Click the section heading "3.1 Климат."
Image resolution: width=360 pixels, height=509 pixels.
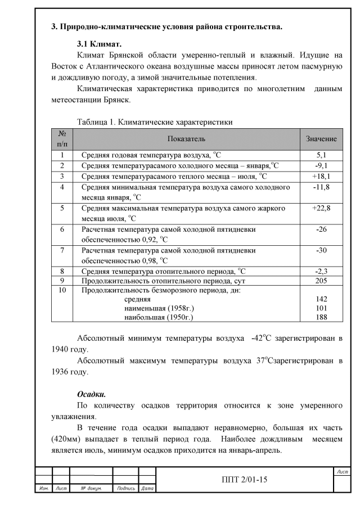pos(99,43)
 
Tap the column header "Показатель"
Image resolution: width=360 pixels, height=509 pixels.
pos(186,138)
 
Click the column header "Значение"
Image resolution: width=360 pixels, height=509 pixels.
pos(321,138)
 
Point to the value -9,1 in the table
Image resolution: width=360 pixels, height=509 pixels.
pos(321,165)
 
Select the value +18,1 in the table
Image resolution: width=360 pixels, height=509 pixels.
pos(321,176)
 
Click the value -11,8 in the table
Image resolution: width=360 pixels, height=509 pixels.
pos(321,187)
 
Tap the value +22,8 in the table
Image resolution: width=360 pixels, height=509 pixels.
pos(321,208)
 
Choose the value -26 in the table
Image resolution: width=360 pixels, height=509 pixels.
pos(321,229)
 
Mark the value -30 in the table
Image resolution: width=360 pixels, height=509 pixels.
pos(321,250)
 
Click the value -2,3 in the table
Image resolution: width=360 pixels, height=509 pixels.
pos(321,272)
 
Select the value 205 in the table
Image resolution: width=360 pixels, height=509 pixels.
pos(321,281)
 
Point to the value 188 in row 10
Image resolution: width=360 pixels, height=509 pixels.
pos(321,318)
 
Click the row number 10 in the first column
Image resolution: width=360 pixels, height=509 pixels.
pos(62,290)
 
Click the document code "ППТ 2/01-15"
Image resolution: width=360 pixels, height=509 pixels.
pos(245,479)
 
